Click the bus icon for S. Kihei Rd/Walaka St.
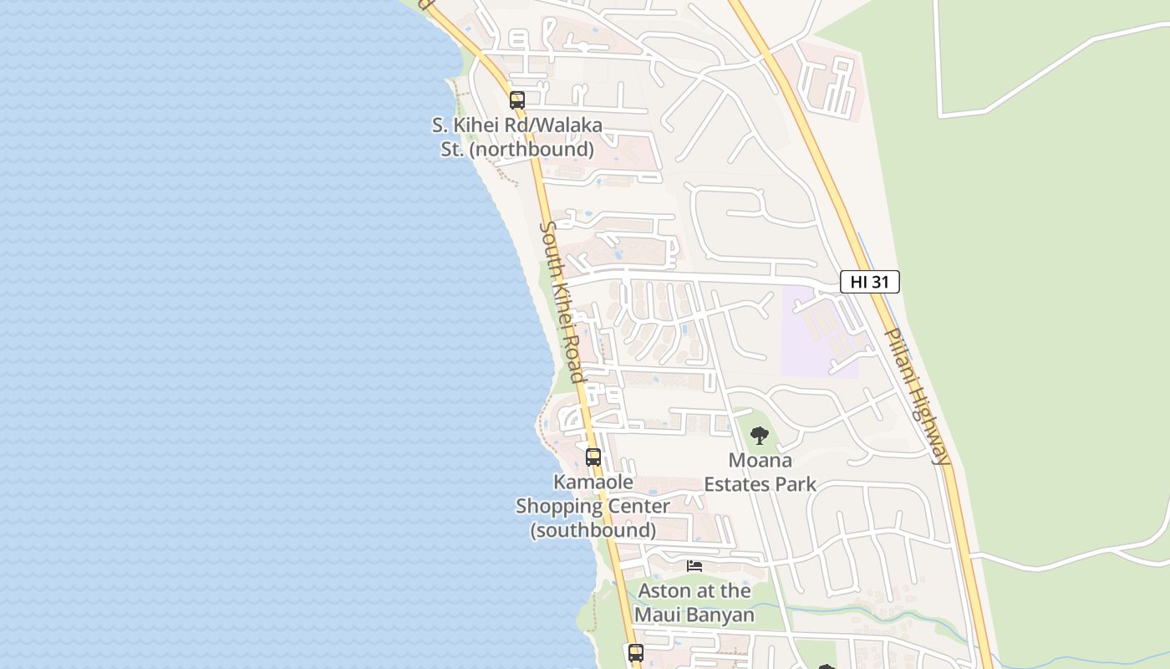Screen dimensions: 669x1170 517,100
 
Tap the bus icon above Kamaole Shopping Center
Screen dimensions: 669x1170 593,457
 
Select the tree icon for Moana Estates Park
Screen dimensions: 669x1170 759,436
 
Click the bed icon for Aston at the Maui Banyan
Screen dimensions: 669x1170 694,566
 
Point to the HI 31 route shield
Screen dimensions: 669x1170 869,282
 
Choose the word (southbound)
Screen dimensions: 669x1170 593,530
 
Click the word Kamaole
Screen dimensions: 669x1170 593,483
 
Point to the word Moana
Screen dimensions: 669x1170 760,460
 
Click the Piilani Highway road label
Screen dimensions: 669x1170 917,395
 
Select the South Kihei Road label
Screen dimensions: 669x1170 562,301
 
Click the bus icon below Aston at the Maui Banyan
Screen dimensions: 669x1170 636,652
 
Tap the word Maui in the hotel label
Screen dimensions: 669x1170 660,615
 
